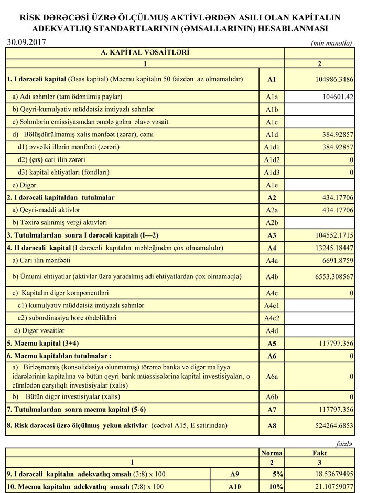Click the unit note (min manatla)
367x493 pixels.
[x=331, y=44]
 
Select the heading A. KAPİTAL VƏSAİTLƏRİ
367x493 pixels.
[x=145, y=53]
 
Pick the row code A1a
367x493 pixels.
[x=271, y=97]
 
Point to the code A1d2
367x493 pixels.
[x=271, y=160]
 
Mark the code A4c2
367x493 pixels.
[x=271, y=318]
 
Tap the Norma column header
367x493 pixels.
[x=272, y=453]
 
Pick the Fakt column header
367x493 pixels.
[x=319, y=453]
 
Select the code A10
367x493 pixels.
[x=235, y=487]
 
